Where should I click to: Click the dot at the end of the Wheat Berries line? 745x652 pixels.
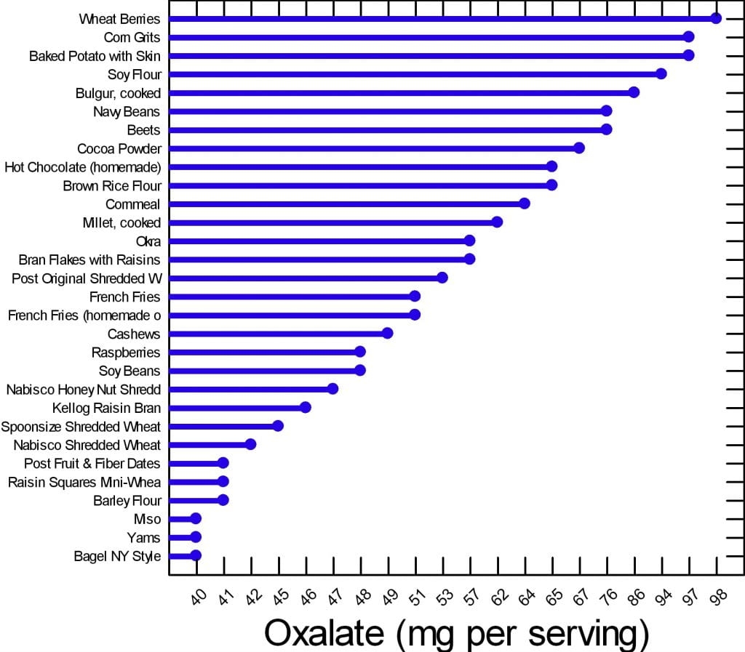click(x=716, y=18)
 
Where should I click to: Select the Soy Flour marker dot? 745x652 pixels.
click(x=661, y=73)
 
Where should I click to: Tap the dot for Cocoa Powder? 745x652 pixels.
click(x=579, y=148)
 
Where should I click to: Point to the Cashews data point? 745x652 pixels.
click(x=388, y=333)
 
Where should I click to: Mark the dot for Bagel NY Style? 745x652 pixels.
click(x=196, y=555)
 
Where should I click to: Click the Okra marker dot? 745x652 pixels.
click(x=470, y=241)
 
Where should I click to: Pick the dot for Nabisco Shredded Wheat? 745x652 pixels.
click(x=250, y=444)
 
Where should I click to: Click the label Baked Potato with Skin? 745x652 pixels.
click(x=95, y=56)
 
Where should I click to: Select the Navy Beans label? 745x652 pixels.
click(x=127, y=111)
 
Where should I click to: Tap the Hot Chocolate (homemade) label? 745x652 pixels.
click(x=82, y=167)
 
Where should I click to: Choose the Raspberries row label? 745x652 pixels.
click(x=126, y=353)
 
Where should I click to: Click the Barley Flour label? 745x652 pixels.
click(x=127, y=500)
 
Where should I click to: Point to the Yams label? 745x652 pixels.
click(x=143, y=538)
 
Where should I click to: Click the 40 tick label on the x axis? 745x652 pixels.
click(x=198, y=597)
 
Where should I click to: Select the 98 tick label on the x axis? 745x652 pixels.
click(x=718, y=597)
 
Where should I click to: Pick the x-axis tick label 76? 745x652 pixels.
click(x=609, y=597)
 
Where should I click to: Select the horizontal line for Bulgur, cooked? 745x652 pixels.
click(x=400, y=92)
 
